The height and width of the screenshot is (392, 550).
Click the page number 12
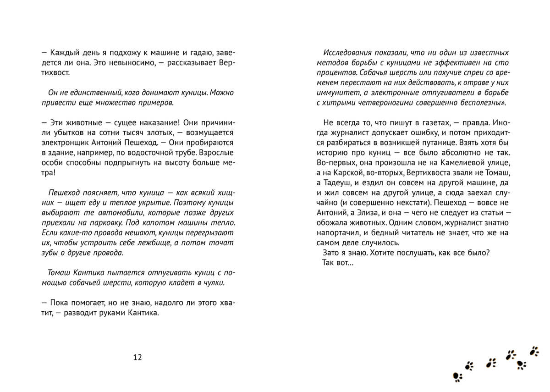[137, 357]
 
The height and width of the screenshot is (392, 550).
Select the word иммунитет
[336, 93]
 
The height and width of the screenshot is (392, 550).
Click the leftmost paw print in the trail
[458, 377]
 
